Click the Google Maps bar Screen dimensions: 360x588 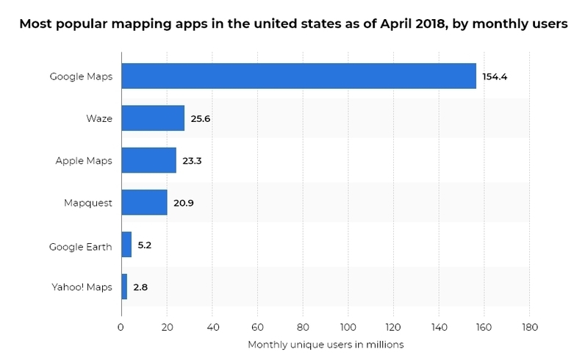click(x=298, y=76)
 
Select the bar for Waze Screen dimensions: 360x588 click(x=153, y=118)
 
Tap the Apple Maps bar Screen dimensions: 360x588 click(x=148, y=160)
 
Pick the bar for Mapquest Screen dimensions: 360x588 click(x=144, y=202)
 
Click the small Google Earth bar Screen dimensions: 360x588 click(x=126, y=245)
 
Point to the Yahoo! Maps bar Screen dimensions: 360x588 click(x=124, y=287)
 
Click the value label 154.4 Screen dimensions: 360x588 click(x=495, y=76)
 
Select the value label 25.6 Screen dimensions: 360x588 click(x=201, y=118)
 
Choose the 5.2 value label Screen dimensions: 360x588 click(x=146, y=245)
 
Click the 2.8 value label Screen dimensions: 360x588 click(x=141, y=287)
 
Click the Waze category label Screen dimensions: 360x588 click(x=98, y=118)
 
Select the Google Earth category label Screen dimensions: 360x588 click(x=81, y=246)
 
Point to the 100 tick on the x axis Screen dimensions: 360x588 click(x=348, y=327)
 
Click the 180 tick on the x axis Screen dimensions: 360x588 click(x=529, y=327)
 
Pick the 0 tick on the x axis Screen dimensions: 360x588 click(x=121, y=327)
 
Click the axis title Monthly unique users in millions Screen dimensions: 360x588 click(x=326, y=344)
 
